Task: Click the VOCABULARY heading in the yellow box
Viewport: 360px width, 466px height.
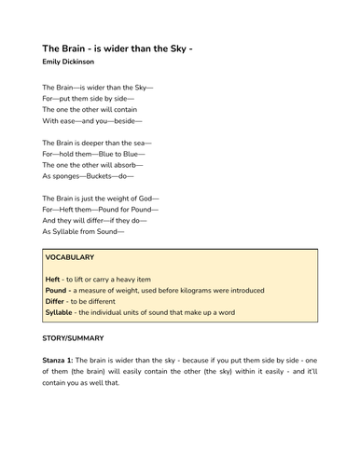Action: tap(76, 257)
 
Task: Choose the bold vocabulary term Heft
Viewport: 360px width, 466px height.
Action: tap(51, 279)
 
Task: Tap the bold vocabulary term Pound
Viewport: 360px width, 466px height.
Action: tap(56, 290)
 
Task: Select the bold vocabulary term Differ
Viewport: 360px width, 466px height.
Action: tap(55, 301)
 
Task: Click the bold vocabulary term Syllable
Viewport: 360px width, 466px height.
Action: tap(60, 312)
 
